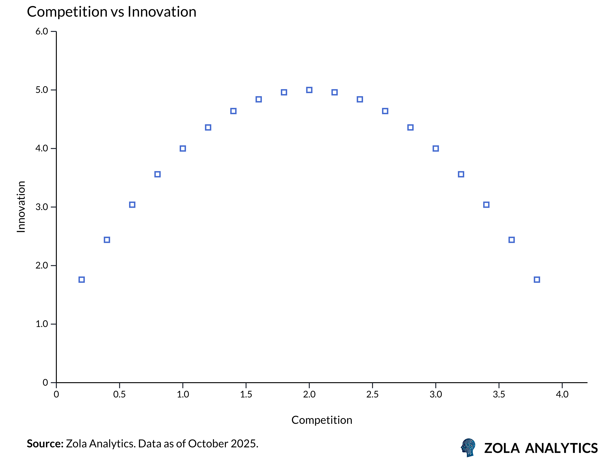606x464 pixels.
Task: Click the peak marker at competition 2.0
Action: (309, 90)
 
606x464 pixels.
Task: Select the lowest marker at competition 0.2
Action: (81, 280)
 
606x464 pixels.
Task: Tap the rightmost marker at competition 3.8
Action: (537, 280)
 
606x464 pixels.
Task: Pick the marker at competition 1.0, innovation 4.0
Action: (183, 149)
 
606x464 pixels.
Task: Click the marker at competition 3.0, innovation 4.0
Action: (436, 149)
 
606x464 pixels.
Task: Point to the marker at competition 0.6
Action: (132, 205)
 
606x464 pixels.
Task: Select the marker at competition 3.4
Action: (486, 205)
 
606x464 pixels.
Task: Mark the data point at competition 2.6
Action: (385, 111)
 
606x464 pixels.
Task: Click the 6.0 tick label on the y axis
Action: (42, 31)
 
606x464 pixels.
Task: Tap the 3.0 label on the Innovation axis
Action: (42, 207)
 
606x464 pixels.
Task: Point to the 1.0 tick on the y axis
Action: (42, 324)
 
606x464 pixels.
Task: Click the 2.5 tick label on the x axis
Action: (372, 394)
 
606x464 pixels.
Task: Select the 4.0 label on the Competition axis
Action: (562, 394)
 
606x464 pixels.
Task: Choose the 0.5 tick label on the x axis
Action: (119, 394)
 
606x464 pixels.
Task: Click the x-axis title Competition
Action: (322, 420)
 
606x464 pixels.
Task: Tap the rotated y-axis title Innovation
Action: (21, 207)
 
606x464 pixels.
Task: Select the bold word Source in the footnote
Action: (45, 444)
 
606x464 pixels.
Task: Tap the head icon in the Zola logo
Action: (468, 447)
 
